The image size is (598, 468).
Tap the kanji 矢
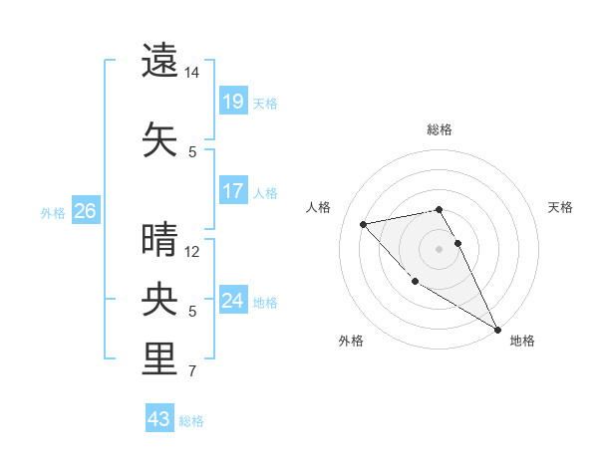(x=160, y=137)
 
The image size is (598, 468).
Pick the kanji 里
(x=160, y=358)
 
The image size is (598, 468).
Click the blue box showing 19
(x=232, y=102)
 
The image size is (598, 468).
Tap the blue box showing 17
(x=232, y=191)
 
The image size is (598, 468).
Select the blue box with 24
(x=232, y=300)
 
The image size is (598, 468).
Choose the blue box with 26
(x=85, y=211)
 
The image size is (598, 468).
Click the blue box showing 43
(x=158, y=419)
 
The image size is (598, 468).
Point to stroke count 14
(x=192, y=74)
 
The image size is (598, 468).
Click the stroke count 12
(x=192, y=252)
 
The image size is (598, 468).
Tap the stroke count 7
(x=192, y=373)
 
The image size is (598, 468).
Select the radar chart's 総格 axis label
(x=440, y=129)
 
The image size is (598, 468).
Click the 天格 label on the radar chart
(x=561, y=207)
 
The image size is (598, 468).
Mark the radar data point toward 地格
(x=497, y=330)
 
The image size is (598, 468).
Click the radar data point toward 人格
(x=364, y=224)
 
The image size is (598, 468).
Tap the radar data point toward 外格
(x=415, y=282)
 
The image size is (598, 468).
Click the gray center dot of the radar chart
(x=440, y=248)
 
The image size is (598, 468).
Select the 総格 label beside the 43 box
(x=191, y=421)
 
